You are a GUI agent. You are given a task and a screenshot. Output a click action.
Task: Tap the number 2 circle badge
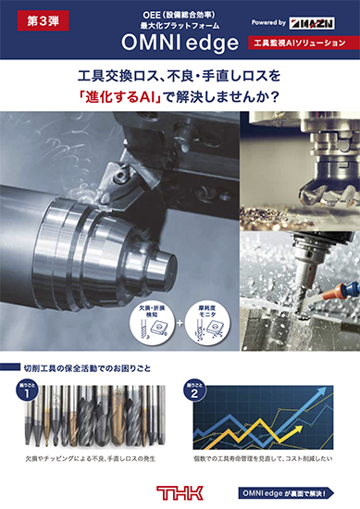193,391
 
